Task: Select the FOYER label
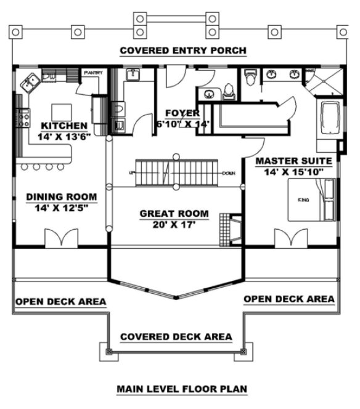(x=182, y=113)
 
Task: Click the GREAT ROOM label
(x=174, y=214)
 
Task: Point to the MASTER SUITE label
(x=294, y=160)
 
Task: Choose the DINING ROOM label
(x=61, y=197)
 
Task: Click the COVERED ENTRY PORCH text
(x=183, y=51)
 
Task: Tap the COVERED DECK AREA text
(x=176, y=337)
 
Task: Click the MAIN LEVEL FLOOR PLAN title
(x=182, y=389)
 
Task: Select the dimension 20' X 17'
(x=174, y=225)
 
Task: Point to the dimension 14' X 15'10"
(x=294, y=171)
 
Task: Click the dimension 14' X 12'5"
(x=61, y=208)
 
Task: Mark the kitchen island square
(x=61, y=111)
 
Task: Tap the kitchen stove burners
(x=25, y=118)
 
